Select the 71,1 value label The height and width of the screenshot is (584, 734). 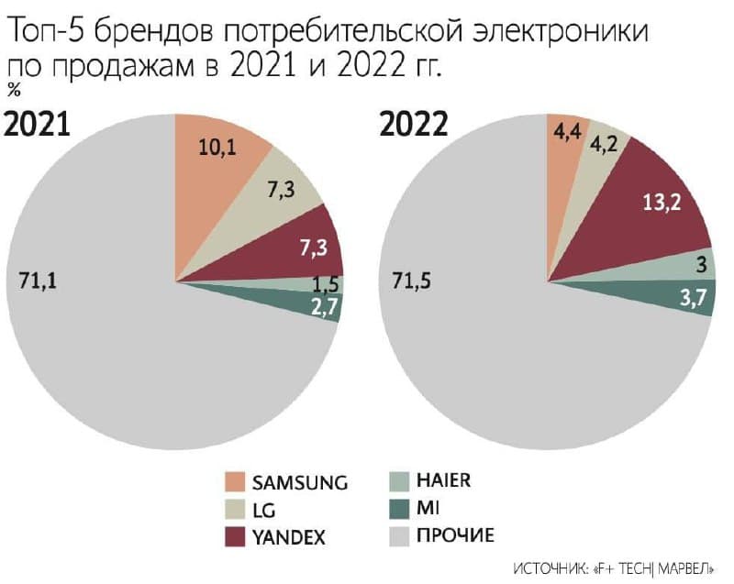click(x=38, y=281)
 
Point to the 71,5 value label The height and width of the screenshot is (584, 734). click(x=412, y=281)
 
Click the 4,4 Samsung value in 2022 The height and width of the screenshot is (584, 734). click(x=563, y=132)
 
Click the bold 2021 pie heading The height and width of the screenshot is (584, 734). click(x=38, y=123)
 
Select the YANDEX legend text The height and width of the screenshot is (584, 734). click(x=290, y=535)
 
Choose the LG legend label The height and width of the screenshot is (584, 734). click(x=263, y=509)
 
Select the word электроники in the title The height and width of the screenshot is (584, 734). click(x=561, y=35)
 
